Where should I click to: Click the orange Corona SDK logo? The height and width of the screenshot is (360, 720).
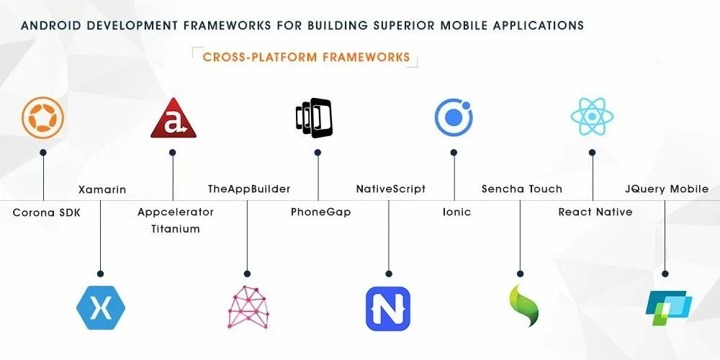coord(43,117)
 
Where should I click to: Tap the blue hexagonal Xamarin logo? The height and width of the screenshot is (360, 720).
coord(101,307)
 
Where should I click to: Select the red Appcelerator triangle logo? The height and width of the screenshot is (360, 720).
coord(173,118)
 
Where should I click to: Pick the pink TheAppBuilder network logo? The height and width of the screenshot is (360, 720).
coord(247,307)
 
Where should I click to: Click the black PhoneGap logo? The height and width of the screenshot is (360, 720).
coord(314,117)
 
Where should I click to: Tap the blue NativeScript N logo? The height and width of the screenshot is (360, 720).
coord(388,308)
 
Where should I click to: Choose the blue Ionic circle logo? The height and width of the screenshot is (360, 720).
coord(454,117)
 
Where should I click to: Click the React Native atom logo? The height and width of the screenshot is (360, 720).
coord(592,117)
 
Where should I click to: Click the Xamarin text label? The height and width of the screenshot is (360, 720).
coord(102,189)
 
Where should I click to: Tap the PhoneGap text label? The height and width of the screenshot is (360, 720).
coord(321,212)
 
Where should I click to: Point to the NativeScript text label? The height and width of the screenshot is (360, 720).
coord(391,189)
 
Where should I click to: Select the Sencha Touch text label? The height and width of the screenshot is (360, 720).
coord(522,189)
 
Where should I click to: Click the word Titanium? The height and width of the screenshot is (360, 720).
coord(176,229)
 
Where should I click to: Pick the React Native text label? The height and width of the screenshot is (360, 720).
coord(595,212)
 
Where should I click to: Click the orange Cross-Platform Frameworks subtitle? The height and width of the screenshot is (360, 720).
coord(307,57)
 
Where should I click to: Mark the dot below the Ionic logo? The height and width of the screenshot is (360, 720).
coord(454,153)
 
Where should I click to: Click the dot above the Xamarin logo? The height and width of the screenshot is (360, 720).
coord(101,274)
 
